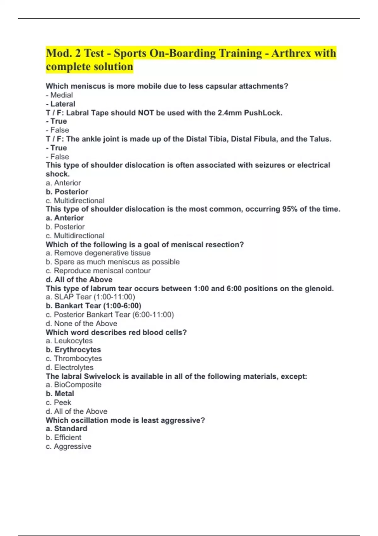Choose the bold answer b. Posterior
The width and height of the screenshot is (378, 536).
tap(67, 192)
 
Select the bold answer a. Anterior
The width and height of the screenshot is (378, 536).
tap(65, 218)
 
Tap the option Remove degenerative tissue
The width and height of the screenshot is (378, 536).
tap(98, 253)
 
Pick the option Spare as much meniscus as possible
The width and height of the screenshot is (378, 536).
tap(112, 262)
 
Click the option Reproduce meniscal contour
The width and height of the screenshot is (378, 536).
tap(98, 271)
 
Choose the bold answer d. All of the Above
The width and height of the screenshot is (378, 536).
tap(79, 279)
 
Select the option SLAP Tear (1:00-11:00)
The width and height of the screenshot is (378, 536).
tap(90, 297)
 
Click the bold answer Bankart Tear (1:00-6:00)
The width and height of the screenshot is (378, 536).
tap(93, 306)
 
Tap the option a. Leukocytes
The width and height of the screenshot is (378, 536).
tap(69, 341)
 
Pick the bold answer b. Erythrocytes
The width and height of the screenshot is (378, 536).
tap(73, 349)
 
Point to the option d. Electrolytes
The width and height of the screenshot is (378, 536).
tap(69, 367)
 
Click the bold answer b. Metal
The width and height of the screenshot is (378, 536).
tap(60, 393)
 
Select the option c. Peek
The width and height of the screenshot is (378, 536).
tap(58, 402)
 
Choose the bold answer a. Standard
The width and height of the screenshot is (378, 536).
tap(66, 428)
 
